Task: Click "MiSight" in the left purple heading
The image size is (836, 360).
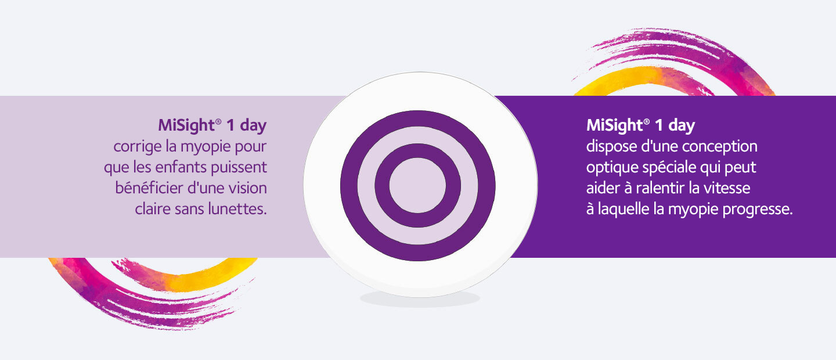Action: [186, 125]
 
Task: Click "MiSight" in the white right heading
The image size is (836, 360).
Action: [614, 125]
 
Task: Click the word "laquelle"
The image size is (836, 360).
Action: [624, 210]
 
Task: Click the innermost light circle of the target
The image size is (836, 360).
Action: [417, 186]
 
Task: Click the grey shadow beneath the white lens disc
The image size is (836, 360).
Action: [420, 299]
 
